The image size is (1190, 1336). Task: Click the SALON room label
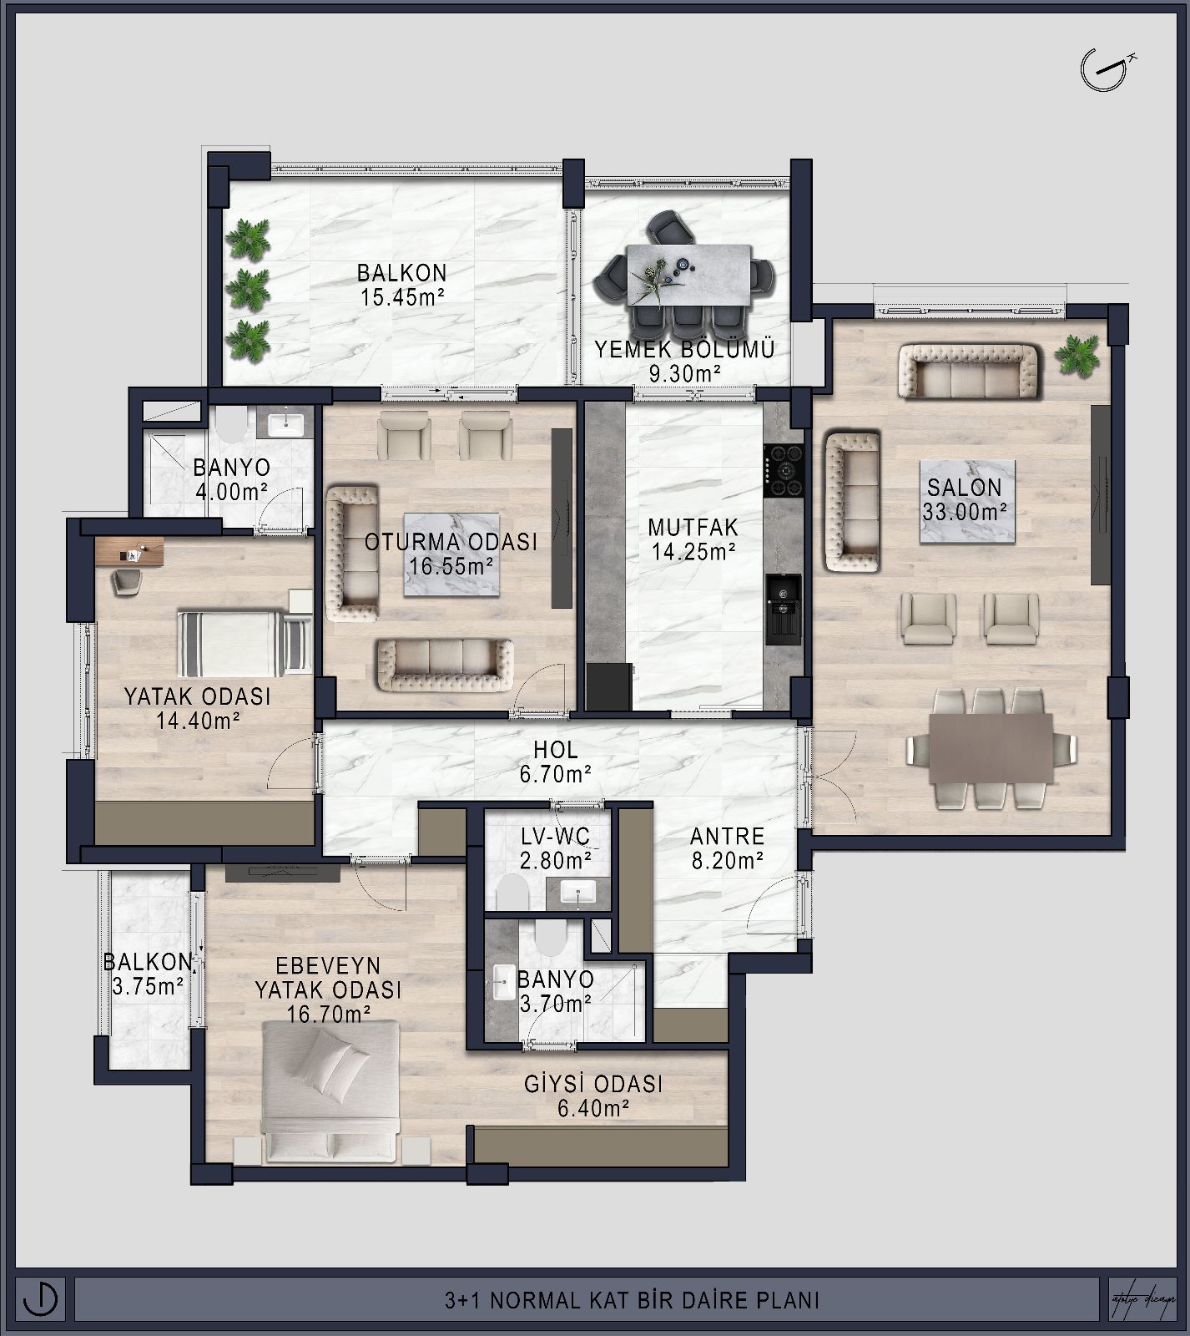pyautogui.click(x=964, y=488)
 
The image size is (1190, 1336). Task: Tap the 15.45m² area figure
pyautogui.click(x=402, y=298)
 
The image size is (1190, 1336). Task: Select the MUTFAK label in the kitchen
pyautogui.click(x=693, y=527)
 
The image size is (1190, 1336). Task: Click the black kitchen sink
pyautogui.click(x=784, y=610)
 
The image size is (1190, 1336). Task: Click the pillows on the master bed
pyautogui.click(x=335, y=1058)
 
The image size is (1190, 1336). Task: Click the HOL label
pyautogui.click(x=556, y=750)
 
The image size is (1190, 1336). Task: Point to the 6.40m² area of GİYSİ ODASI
pyautogui.click(x=592, y=1108)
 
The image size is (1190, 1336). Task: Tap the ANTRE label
pyautogui.click(x=727, y=836)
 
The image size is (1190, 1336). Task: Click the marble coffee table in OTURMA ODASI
pyautogui.click(x=451, y=554)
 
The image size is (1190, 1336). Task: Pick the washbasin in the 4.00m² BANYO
pyautogui.click(x=287, y=423)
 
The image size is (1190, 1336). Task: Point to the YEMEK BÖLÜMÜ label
pyautogui.click(x=684, y=349)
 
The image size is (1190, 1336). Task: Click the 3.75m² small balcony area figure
pyautogui.click(x=148, y=986)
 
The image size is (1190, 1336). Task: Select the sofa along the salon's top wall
pyautogui.click(x=968, y=372)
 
